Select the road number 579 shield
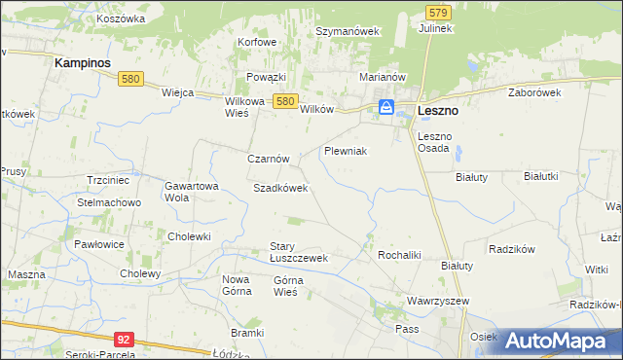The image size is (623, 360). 438,12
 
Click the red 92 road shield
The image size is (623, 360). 123,339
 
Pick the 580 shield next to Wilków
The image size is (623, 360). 284,100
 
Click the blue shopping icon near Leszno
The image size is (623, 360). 386,107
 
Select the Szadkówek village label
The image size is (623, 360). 280,188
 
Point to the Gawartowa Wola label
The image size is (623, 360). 190,191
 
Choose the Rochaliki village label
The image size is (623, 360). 398,255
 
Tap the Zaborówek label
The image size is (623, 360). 535,92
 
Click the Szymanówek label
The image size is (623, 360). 347,31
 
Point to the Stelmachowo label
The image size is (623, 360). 110,202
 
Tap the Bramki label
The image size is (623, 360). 248,333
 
